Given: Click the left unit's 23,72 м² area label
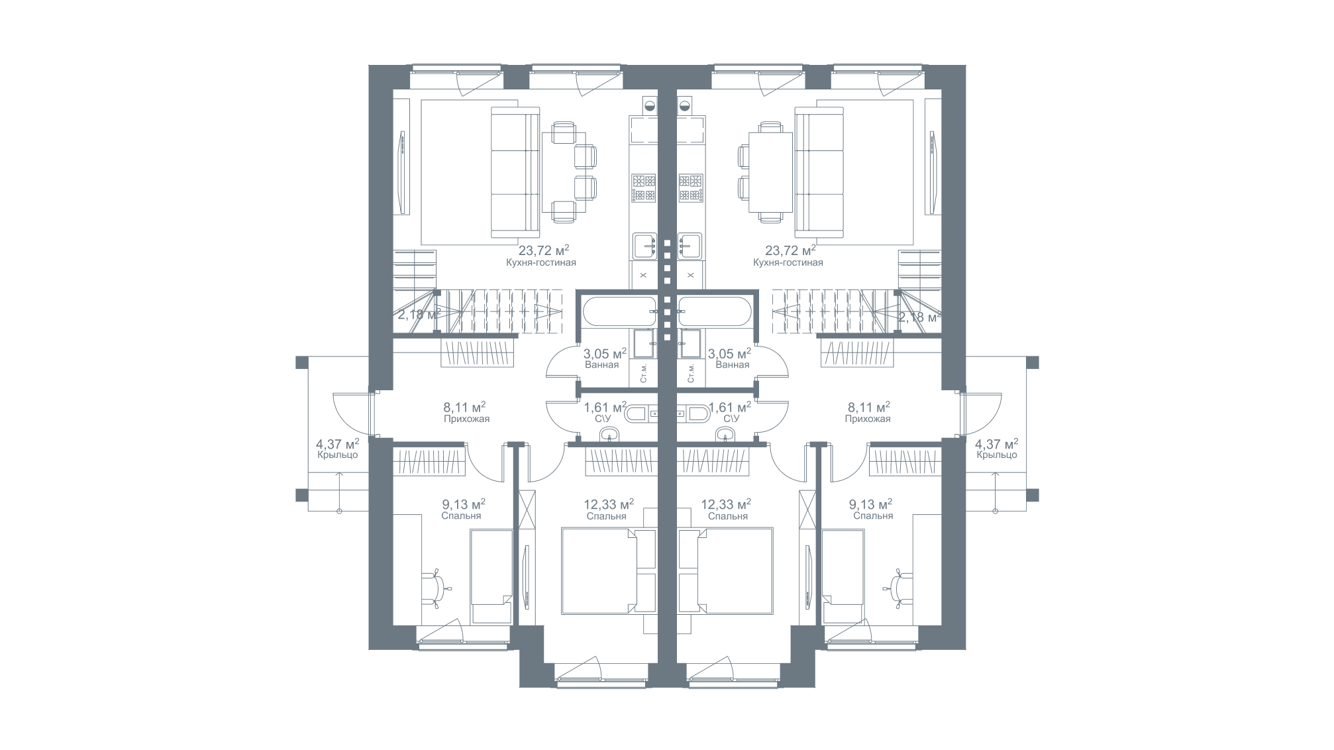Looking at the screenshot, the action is (544, 250).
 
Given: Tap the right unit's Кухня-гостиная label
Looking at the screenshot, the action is (788, 263).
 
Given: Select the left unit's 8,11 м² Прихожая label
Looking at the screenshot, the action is (466, 412).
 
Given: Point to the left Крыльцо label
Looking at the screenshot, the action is (338, 455).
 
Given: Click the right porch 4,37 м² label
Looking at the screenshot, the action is (997, 443).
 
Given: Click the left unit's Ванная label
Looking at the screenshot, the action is (602, 365).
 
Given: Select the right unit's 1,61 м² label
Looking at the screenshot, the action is (730, 406).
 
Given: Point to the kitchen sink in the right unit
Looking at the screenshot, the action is (690, 246).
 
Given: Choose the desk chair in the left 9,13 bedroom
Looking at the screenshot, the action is (435, 588).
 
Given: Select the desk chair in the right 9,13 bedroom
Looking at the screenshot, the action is (899, 588).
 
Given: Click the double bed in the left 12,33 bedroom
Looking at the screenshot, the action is (599, 570).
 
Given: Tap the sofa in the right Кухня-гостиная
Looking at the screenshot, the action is (819, 174).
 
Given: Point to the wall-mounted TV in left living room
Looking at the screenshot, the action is (402, 172).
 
